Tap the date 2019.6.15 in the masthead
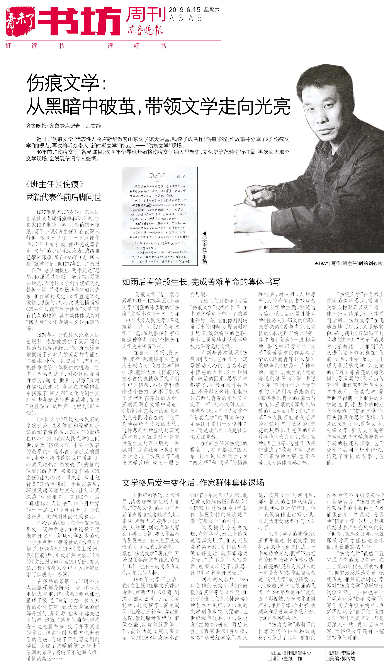click(185, 10)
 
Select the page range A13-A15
click(185, 18)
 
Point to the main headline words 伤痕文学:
click(66, 83)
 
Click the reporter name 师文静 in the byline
click(93, 126)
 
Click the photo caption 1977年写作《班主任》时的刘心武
click(349, 263)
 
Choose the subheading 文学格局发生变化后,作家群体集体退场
click(193, 483)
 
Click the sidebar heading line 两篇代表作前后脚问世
click(64, 197)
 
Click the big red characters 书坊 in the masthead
click(80, 21)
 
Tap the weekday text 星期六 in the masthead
click(212, 10)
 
